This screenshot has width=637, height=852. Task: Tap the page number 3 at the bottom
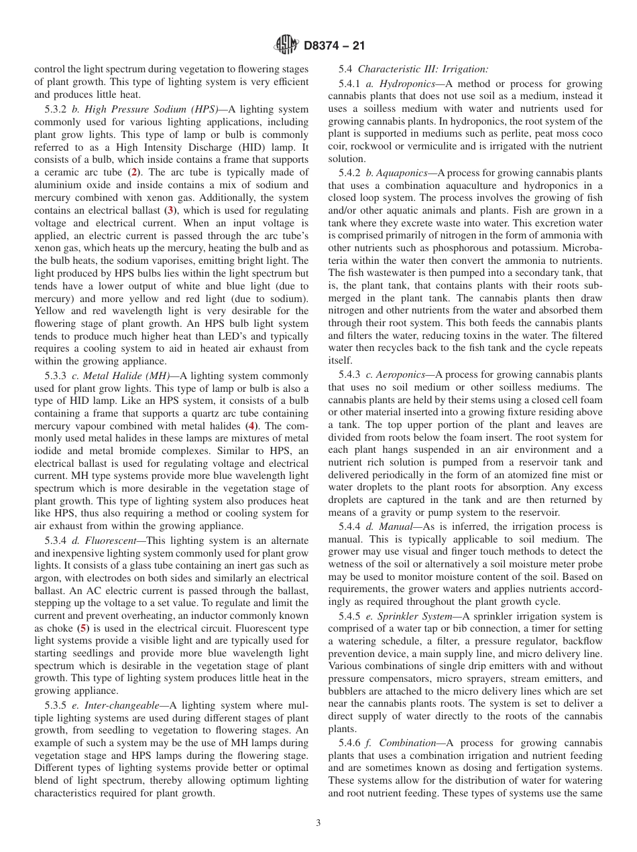point(318,823)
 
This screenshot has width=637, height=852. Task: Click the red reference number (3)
point(171,210)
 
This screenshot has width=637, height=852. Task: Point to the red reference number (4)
point(252,426)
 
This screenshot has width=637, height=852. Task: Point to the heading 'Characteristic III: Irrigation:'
point(423,68)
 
